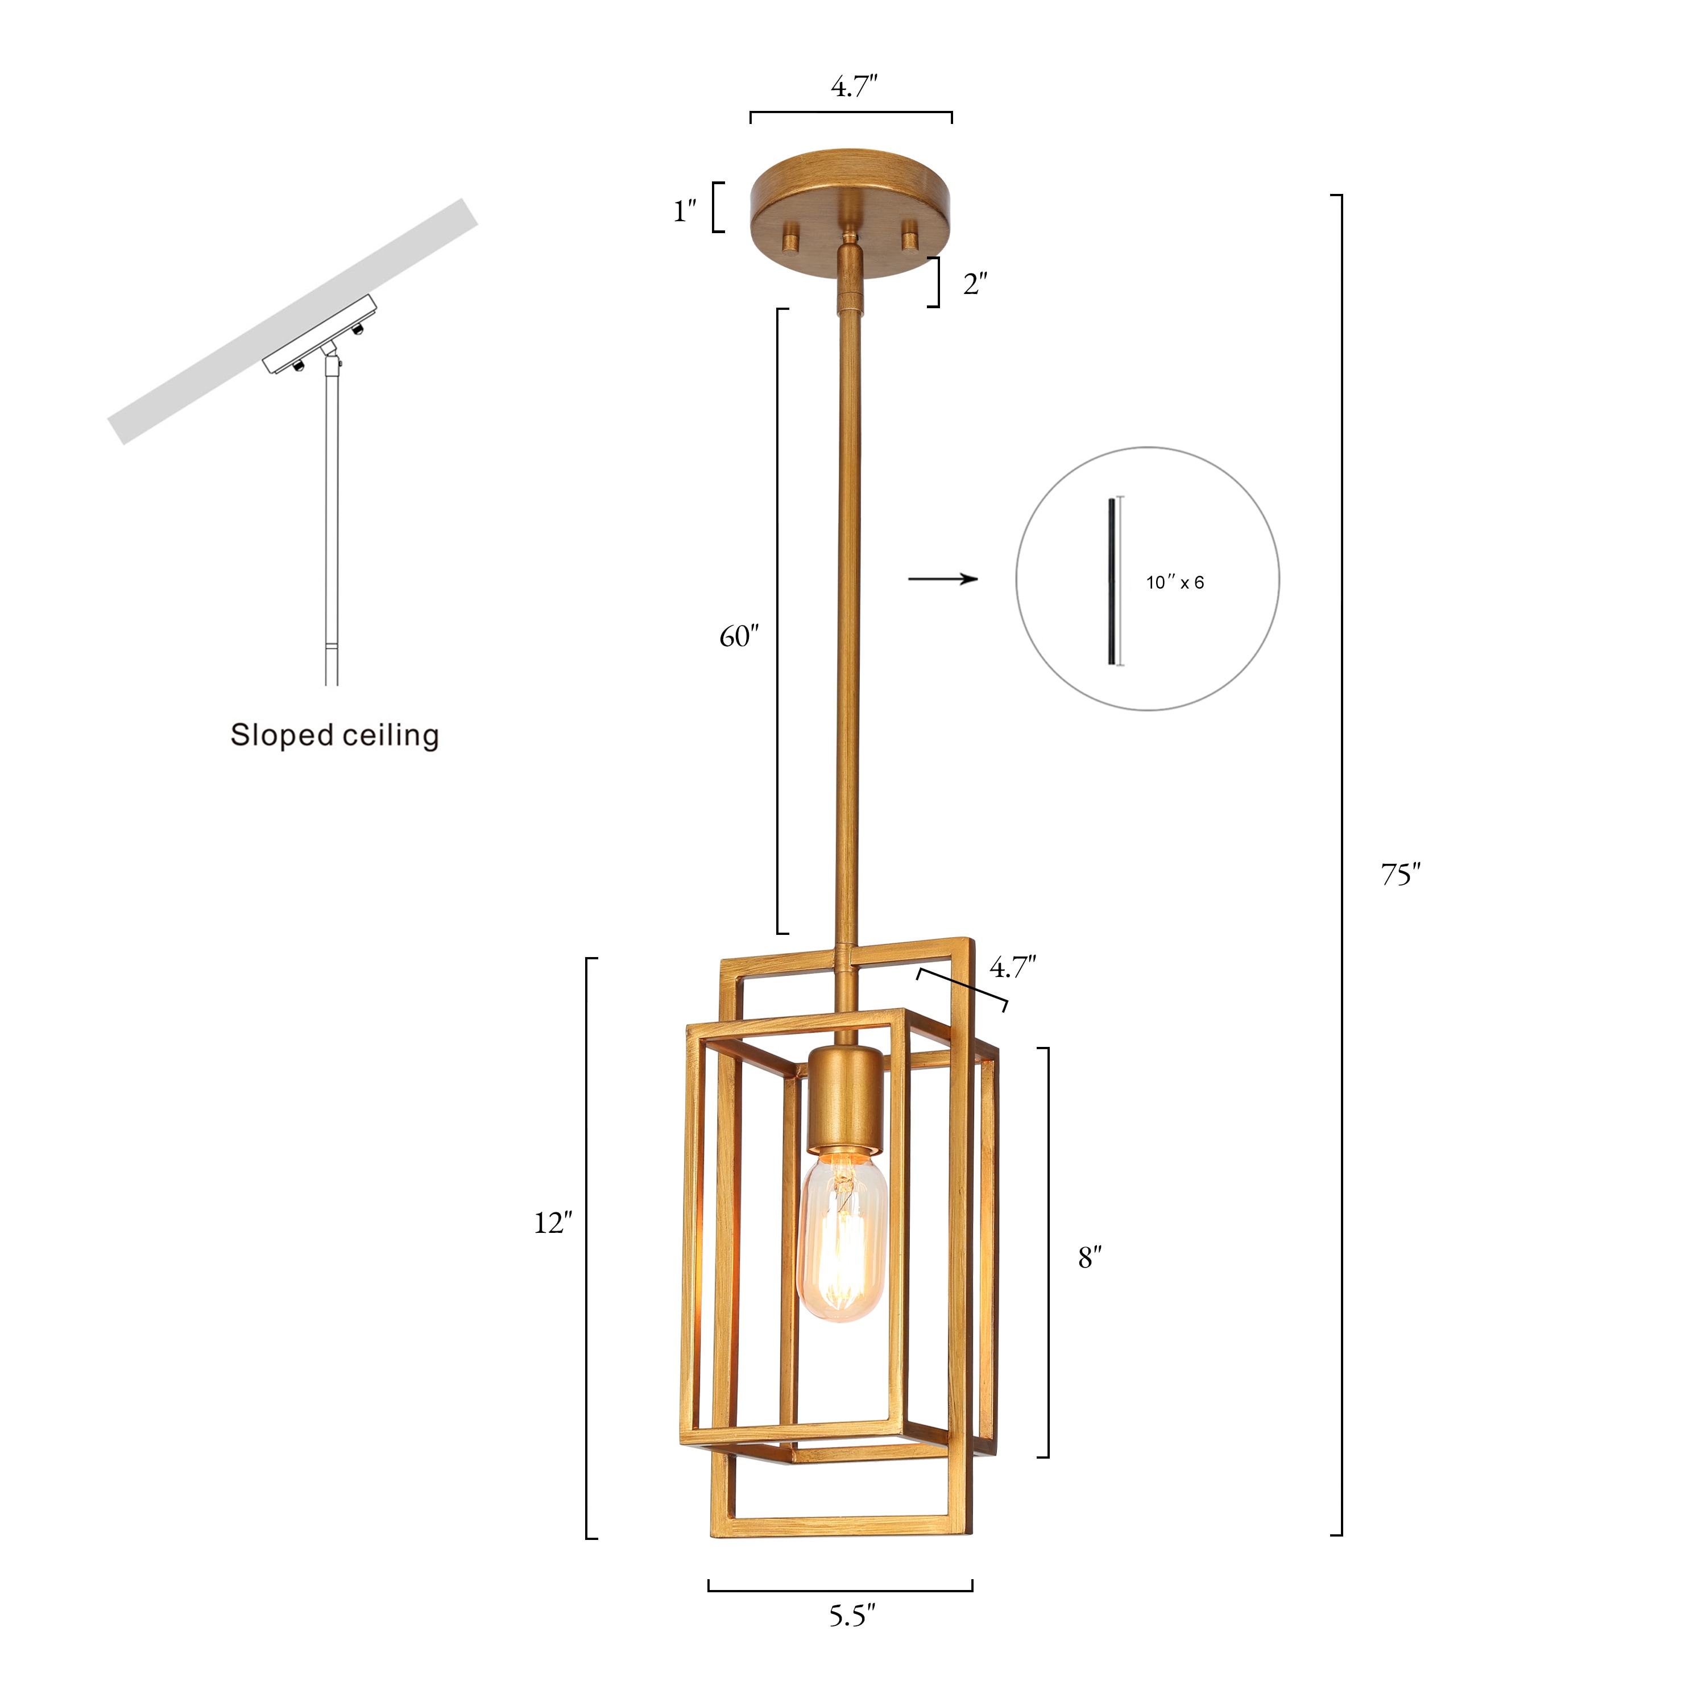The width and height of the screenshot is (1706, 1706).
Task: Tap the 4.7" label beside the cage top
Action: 1012,968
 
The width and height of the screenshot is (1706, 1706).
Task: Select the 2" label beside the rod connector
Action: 975,284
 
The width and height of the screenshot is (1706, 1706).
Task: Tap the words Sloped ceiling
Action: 335,735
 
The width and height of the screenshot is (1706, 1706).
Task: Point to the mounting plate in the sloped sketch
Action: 320,334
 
